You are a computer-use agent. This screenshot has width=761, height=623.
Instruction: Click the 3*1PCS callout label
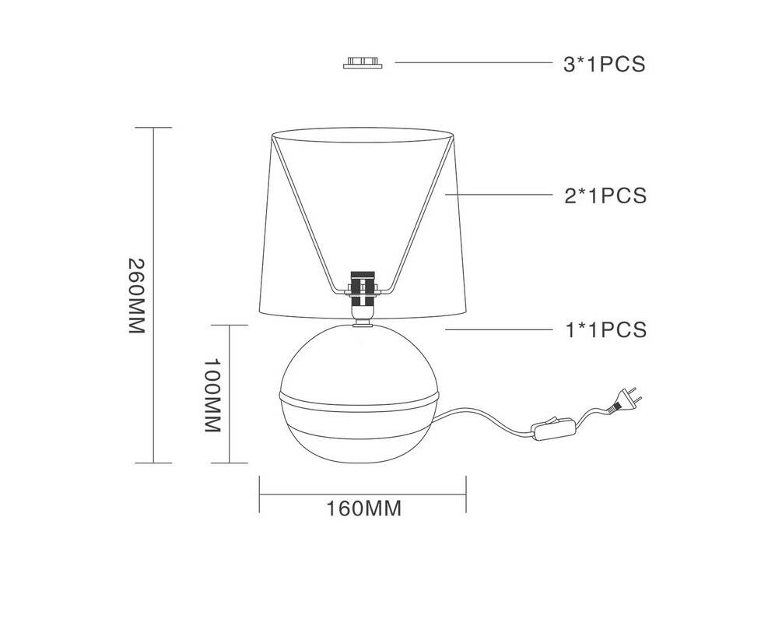click(x=605, y=64)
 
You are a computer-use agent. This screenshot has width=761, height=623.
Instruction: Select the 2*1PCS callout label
click(x=605, y=195)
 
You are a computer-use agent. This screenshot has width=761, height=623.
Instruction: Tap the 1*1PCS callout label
click(x=606, y=329)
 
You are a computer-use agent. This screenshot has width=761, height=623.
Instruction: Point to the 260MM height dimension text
click(x=137, y=296)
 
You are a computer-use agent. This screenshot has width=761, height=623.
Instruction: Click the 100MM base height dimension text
click(x=212, y=396)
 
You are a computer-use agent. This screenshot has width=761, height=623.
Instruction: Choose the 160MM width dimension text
click(x=363, y=509)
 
